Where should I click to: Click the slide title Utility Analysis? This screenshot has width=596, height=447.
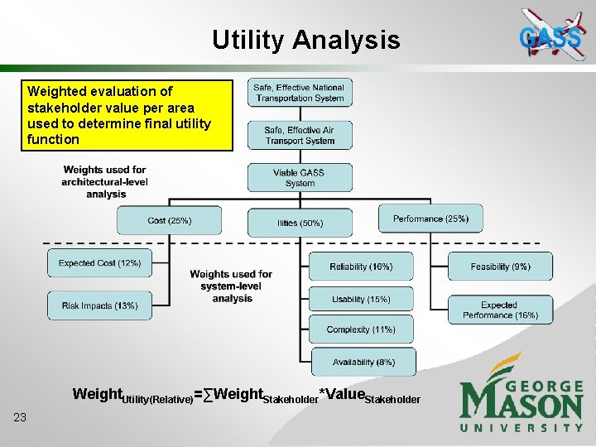pyautogui.click(x=305, y=40)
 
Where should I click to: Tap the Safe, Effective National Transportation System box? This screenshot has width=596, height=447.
pyautogui.click(x=300, y=93)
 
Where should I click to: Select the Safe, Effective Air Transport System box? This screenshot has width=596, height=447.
pyautogui.click(x=300, y=135)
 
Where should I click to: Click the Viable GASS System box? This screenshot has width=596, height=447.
pyautogui.click(x=300, y=177)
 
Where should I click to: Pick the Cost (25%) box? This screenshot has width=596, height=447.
pyautogui.click(x=169, y=220)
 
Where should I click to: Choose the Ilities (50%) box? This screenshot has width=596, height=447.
pyautogui.click(x=300, y=223)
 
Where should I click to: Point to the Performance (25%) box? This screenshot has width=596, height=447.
pyautogui.click(x=430, y=219)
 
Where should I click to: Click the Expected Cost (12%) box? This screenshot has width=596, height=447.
pyautogui.click(x=99, y=263)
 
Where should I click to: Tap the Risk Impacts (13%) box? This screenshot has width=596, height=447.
pyautogui.click(x=99, y=305)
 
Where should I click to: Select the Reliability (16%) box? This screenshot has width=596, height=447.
pyautogui.click(x=361, y=267)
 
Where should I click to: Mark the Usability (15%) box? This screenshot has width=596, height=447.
pyautogui.click(x=361, y=299)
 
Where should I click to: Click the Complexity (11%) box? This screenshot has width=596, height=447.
pyautogui.click(x=361, y=329)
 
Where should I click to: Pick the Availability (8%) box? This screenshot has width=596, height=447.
pyautogui.click(x=363, y=362)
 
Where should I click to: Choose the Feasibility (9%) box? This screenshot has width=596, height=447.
pyautogui.click(x=500, y=267)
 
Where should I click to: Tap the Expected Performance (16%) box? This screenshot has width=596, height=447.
pyautogui.click(x=499, y=310)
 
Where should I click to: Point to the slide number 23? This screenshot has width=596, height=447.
pyautogui.click(x=20, y=417)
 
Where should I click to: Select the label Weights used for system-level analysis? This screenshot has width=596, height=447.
pyautogui.click(x=231, y=286)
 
